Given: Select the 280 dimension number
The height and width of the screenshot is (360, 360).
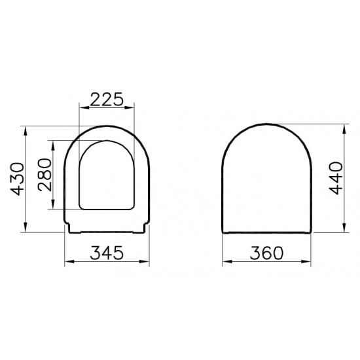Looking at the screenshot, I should pyautogui.click(x=44, y=175).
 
